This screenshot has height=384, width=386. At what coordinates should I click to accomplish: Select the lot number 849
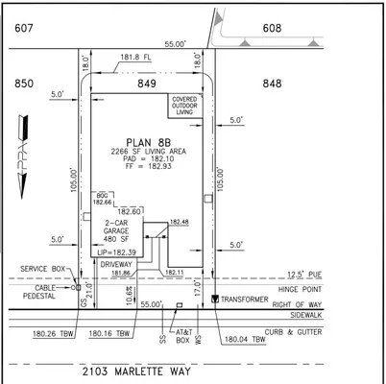pyautogui.click(x=147, y=84)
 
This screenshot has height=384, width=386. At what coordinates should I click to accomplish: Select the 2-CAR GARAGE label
pyautogui.click(x=117, y=229)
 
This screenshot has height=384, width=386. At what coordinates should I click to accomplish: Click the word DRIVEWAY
pyautogui.click(x=119, y=262)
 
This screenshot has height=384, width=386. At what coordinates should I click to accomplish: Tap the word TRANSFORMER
pyautogui.click(x=247, y=299)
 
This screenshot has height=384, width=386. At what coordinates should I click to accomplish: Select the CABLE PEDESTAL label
pyautogui.click(x=38, y=291)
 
